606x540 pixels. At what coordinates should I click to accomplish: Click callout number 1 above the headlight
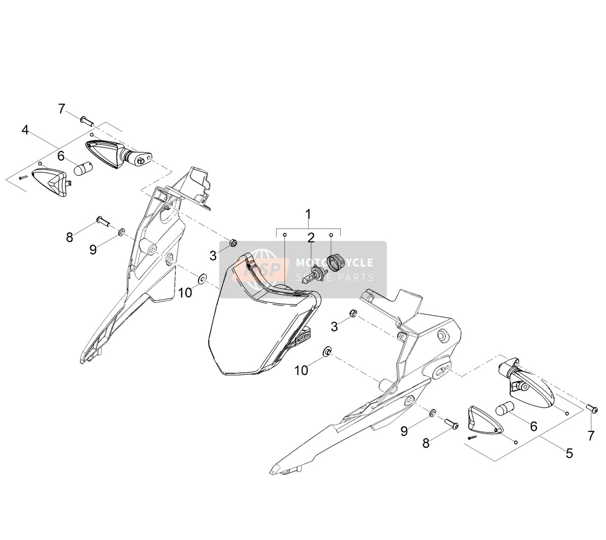308,215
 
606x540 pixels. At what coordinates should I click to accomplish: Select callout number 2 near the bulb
311,238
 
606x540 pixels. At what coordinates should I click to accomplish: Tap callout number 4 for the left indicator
25,130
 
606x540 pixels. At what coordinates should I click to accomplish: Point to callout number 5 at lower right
569,454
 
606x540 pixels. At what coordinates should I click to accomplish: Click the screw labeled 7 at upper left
87,121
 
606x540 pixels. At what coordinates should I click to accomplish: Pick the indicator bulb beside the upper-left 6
83,168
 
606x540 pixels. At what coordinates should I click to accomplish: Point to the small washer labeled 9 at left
122,232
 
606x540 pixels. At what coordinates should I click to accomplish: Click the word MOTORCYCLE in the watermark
334,262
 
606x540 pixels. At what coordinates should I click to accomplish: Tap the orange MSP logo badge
261,270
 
